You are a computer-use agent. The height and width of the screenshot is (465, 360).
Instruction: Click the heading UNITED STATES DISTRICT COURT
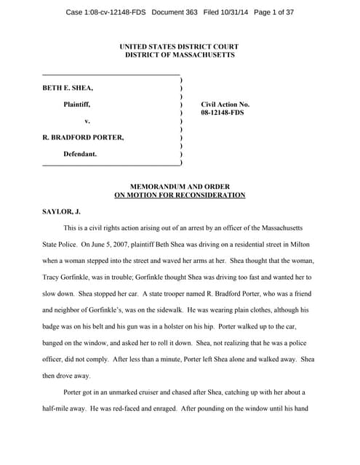[180, 46]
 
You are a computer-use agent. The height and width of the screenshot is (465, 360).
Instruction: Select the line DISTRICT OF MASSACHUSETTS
[180, 55]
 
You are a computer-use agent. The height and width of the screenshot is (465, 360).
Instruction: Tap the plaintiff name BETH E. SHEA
[68, 88]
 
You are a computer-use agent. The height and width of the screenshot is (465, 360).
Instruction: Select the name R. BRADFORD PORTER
[83, 137]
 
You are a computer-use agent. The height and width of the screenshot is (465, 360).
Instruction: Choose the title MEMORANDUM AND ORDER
[180, 187]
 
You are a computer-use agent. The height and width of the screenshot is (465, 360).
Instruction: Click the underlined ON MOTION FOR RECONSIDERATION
[180, 195]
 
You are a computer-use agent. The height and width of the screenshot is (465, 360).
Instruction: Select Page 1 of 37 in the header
[311, 12]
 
